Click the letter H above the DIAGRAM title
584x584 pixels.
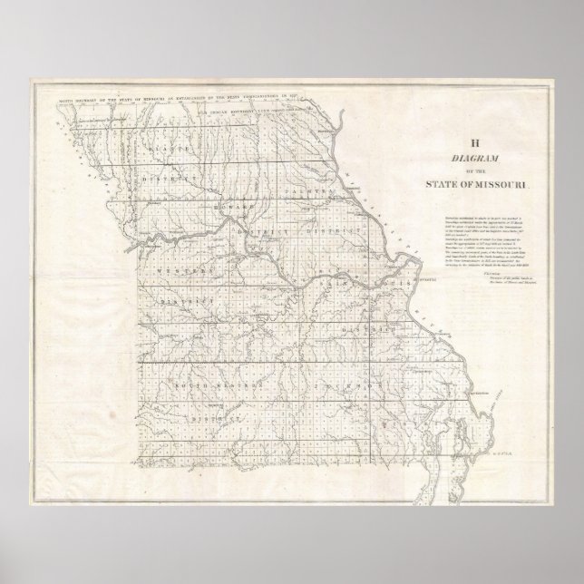(474, 141)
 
